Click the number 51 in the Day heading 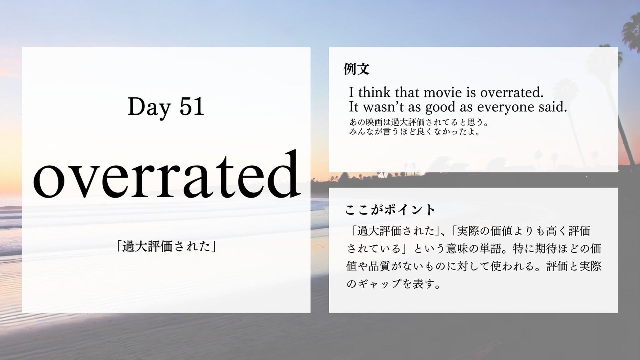tap(192, 106)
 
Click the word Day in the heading tap(149, 108)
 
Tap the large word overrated tap(166, 174)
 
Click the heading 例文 tap(356, 68)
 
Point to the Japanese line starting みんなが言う tap(414, 132)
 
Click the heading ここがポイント tap(390, 210)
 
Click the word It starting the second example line tap(354, 107)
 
